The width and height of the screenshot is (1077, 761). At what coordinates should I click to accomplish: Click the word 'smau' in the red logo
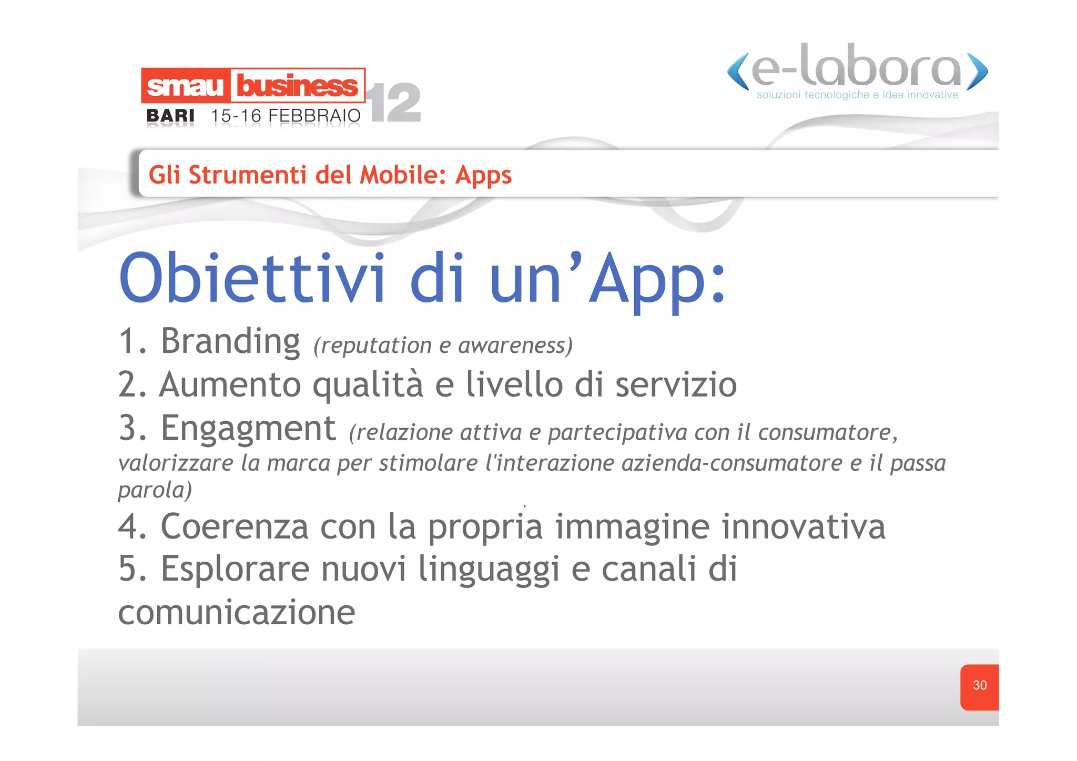click(x=185, y=86)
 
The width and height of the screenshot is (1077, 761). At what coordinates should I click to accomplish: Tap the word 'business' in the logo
click(x=297, y=86)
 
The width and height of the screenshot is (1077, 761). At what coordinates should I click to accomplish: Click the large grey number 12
click(x=395, y=103)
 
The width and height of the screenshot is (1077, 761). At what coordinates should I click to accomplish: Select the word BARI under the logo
click(x=170, y=116)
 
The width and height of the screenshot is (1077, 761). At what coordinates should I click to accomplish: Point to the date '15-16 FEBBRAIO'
click(x=286, y=116)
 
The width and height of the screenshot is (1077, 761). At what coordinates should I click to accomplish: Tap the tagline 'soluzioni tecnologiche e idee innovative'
click(x=857, y=95)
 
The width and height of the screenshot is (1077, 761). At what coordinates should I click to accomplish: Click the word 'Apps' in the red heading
click(x=483, y=176)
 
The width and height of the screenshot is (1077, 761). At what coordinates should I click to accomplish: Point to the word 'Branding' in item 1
click(x=230, y=342)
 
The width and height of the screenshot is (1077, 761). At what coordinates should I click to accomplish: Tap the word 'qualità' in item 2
click(x=368, y=385)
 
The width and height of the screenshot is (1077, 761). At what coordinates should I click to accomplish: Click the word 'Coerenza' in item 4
click(x=235, y=526)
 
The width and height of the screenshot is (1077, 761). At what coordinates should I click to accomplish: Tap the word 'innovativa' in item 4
click(x=803, y=526)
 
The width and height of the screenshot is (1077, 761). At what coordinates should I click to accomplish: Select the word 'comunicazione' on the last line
click(x=237, y=613)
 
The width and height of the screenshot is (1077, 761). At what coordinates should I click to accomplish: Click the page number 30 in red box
click(x=979, y=685)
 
